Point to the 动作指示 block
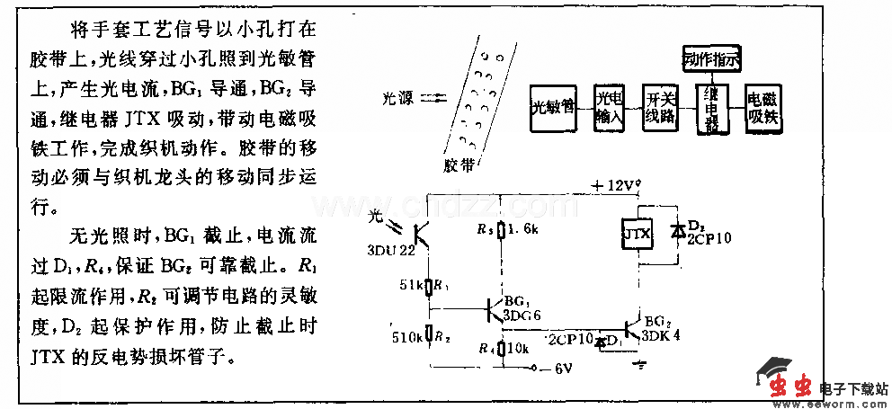point(709,60)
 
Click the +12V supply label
point(612,185)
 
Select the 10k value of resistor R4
point(516,347)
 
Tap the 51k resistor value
point(410,286)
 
